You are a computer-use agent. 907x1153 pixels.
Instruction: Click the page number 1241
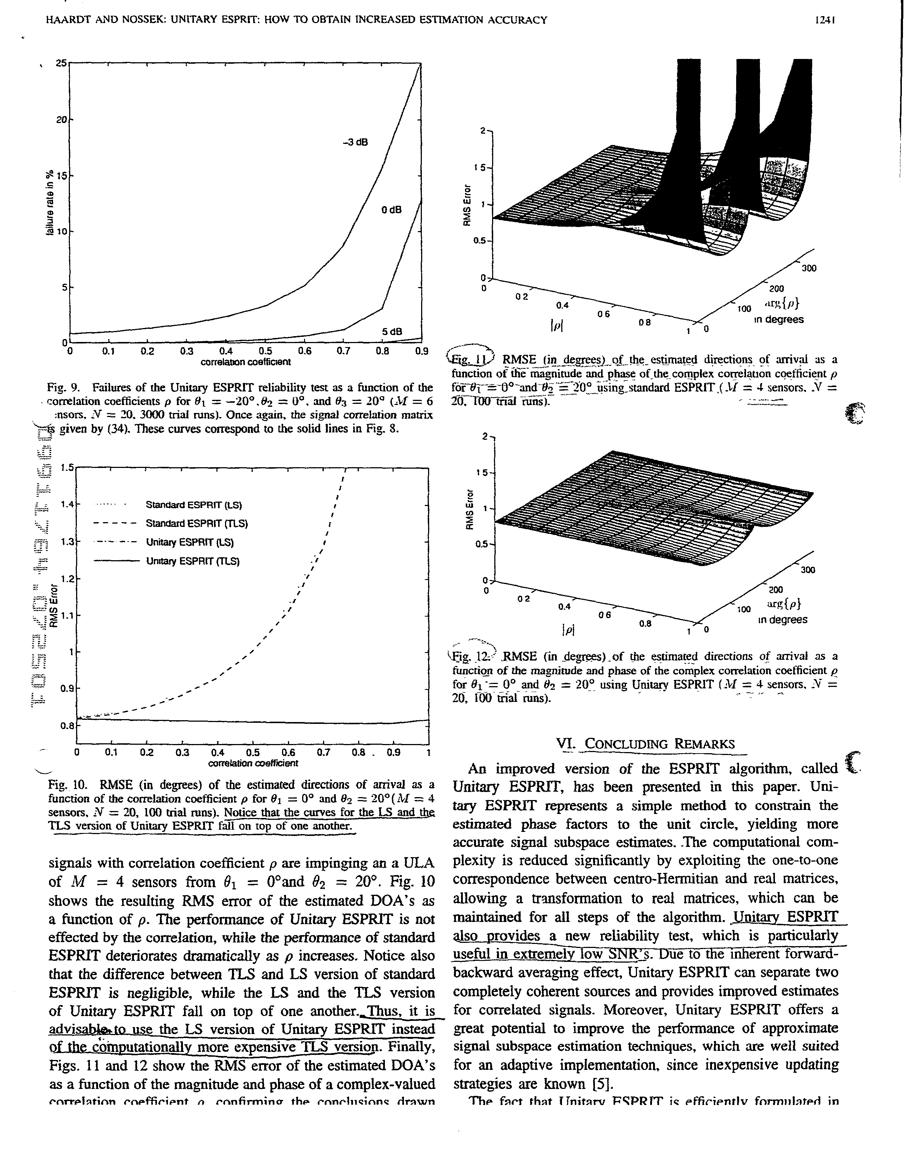826,20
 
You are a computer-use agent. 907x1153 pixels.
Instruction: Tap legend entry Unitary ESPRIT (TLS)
193,561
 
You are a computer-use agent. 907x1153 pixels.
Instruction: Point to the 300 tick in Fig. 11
808,269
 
